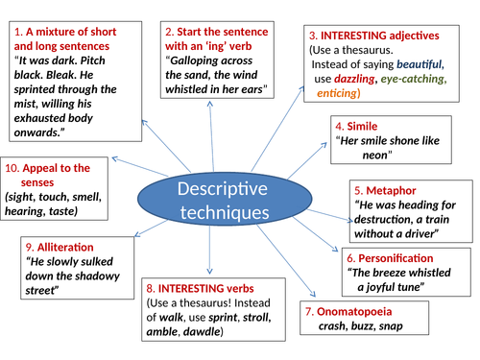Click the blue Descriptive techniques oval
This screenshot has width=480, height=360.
(210, 198)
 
